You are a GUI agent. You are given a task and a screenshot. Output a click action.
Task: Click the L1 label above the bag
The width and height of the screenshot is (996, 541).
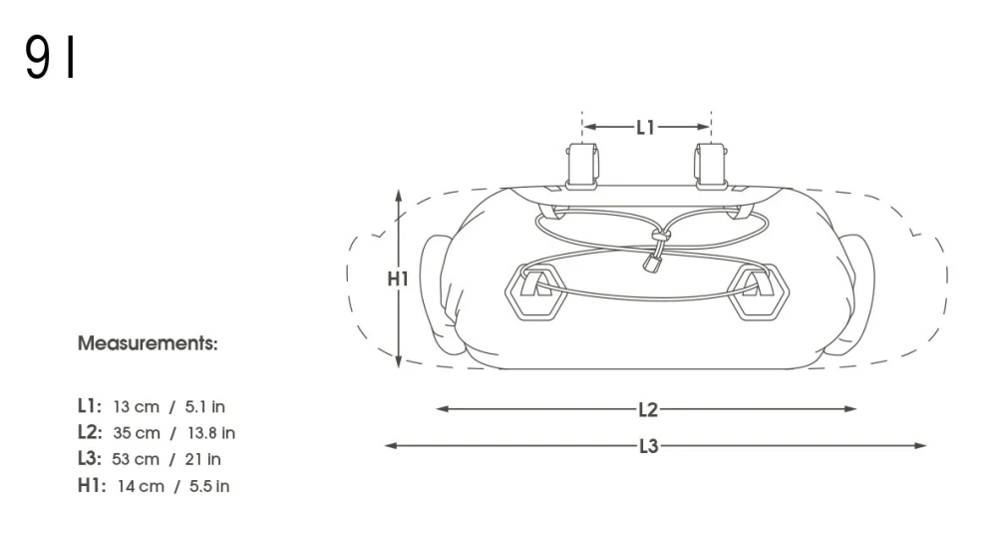click(645, 128)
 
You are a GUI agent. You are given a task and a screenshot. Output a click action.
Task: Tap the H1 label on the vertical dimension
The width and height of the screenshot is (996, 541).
click(398, 278)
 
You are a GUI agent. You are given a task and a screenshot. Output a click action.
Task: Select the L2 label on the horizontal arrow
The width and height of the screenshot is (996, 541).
click(648, 410)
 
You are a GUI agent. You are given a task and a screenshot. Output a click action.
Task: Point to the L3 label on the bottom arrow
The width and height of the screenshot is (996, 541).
click(648, 446)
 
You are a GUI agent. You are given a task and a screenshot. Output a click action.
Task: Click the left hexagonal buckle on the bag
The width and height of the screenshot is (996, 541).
click(536, 292)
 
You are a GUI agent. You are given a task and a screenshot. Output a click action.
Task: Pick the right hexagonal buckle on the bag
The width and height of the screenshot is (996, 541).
click(758, 292)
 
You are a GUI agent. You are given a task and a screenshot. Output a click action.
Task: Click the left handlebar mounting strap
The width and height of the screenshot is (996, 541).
click(582, 166)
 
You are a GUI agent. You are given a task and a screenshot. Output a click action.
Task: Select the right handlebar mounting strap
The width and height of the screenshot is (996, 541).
click(711, 166)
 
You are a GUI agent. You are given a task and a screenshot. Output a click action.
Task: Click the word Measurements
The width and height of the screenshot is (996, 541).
click(148, 343)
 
